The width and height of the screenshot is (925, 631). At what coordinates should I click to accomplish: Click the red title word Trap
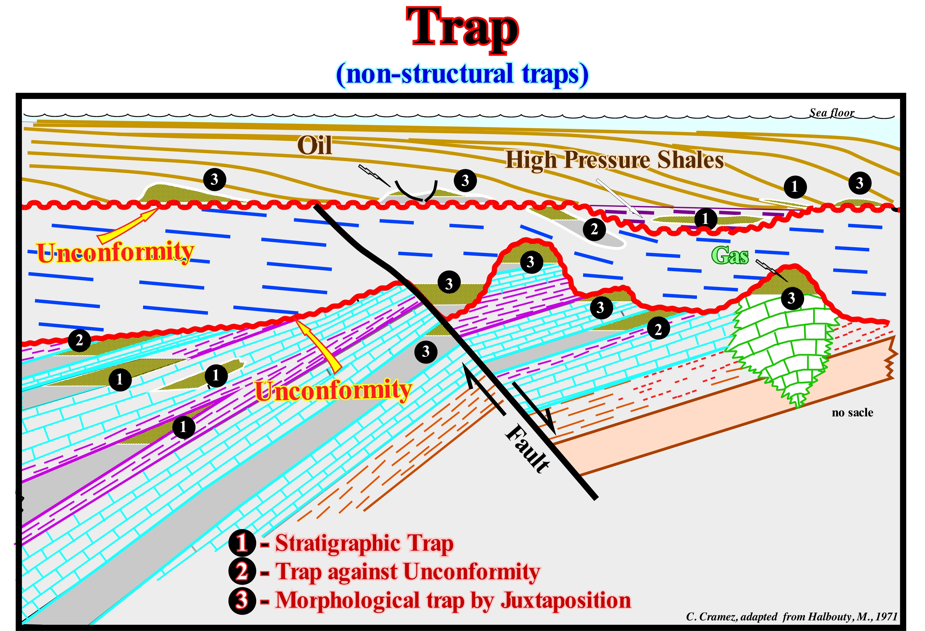pos(462,29)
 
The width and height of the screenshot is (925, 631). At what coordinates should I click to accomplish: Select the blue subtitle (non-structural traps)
pos(462,74)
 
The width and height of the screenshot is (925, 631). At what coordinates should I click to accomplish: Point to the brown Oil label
pos(314,145)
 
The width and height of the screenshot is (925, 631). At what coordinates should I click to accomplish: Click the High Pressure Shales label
pos(615,160)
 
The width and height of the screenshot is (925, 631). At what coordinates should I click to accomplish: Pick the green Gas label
pos(730,255)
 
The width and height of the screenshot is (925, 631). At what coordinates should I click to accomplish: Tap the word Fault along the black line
pos(528,449)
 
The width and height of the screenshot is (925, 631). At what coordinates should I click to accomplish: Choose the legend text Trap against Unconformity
pos(408,572)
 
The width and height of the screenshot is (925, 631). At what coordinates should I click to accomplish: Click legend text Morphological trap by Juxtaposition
pos(453,600)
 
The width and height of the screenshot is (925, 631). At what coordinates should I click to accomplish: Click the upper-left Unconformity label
pos(115,252)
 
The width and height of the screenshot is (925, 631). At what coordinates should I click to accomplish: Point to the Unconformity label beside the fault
pos(334,390)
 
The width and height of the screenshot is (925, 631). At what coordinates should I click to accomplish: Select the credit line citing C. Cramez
pos(792,617)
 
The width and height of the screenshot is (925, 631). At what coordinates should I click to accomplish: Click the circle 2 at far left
pos(79,340)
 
